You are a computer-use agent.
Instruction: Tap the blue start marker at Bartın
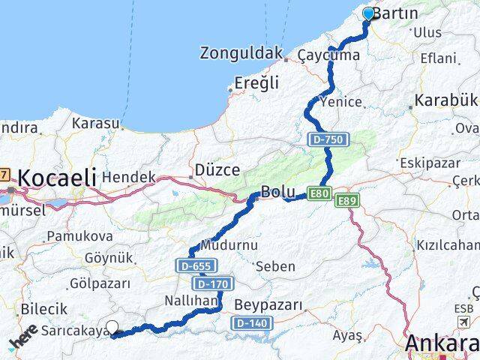tap(368, 14)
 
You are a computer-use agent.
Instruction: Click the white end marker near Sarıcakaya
tap(113, 327)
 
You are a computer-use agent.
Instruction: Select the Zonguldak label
tap(240, 53)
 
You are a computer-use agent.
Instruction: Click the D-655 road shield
tap(196, 265)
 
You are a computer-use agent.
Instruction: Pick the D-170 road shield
tap(212, 283)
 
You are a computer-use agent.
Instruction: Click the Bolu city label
tap(277, 190)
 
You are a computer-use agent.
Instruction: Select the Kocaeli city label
tap(57, 178)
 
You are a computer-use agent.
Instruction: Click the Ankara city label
tap(442, 343)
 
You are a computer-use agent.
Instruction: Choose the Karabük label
tap(445, 100)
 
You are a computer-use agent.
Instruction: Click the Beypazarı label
tap(268, 304)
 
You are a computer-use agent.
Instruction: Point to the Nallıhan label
tap(190, 300)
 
